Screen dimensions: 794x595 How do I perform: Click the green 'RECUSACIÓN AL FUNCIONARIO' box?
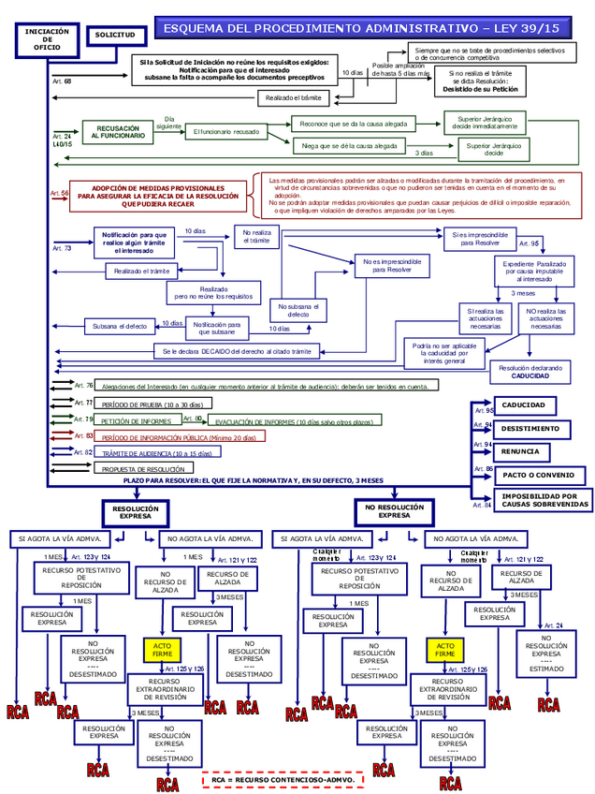pyautogui.click(x=118, y=132)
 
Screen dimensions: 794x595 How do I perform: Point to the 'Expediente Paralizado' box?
pyautogui.click(x=531, y=271)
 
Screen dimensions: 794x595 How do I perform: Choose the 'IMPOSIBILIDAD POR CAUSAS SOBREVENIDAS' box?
pyautogui.click(x=545, y=500)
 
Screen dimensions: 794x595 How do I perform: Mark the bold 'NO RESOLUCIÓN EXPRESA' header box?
pyautogui.click(x=394, y=511)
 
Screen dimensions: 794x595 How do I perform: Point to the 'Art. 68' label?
pyautogui.click(x=62, y=81)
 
